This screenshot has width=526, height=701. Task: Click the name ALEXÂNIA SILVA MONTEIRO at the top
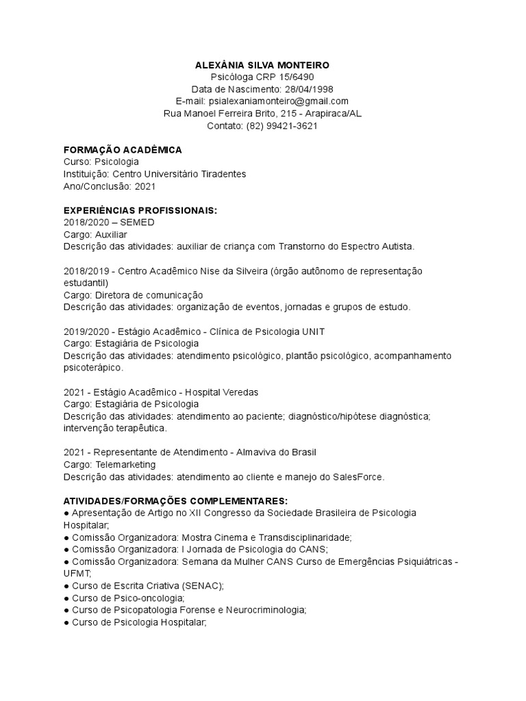[262, 64]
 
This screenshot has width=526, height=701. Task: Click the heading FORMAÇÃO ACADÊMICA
[123, 150]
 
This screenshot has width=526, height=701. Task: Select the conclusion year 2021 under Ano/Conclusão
[146, 186]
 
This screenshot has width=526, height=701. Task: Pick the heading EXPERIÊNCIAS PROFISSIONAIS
[140, 210]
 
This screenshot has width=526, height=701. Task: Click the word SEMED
[137, 222]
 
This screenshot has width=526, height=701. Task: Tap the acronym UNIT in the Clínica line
[313, 331]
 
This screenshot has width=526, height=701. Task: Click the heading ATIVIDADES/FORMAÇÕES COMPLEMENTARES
[175, 501]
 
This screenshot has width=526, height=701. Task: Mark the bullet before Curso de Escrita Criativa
[66, 586]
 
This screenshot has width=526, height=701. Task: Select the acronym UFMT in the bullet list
[75, 574]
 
